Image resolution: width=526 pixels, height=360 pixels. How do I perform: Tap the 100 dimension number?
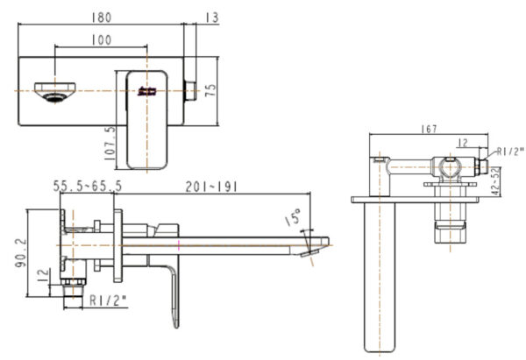pyautogui.click(x=101, y=39)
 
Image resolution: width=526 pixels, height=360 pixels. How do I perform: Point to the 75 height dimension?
pyautogui.click(x=211, y=91)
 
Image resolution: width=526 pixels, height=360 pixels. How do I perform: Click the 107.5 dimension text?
pyautogui.click(x=109, y=142)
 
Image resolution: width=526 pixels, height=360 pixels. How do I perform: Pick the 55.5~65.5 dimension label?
pyautogui.click(x=87, y=187)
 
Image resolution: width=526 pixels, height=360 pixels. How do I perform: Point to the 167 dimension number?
pyautogui.click(x=429, y=130)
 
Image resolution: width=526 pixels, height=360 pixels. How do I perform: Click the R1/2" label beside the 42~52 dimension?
pyautogui.click(x=509, y=151)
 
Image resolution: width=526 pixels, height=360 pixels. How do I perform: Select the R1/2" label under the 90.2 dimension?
pyautogui.click(x=109, y=300)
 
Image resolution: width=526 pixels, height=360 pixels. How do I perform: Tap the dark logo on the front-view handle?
pyautogui.click(x=146, y=90)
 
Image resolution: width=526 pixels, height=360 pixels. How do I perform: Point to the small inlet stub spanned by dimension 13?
pyautogui.click(x=188, y=90)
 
